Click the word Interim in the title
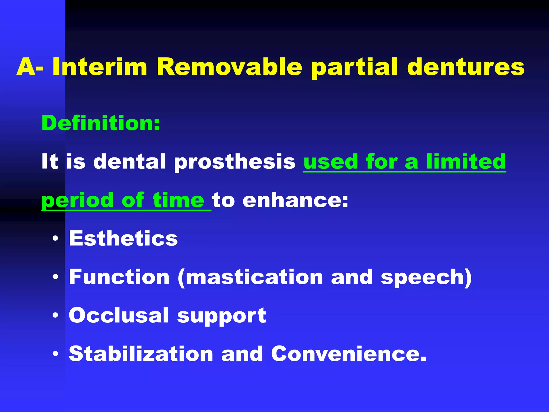(100, 67)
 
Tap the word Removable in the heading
(229, 67)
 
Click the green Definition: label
(101, 123)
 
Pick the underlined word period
(77, 201)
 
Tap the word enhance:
(295, 200)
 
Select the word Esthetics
(123, 238)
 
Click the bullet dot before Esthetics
(55, 238)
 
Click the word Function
(119, 277)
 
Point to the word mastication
(254, 277)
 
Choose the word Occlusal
(119, 315)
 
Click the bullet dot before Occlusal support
(55, 315)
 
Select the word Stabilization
(141, 354)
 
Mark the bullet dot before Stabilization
(55, 354)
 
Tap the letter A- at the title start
(30, 67)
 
